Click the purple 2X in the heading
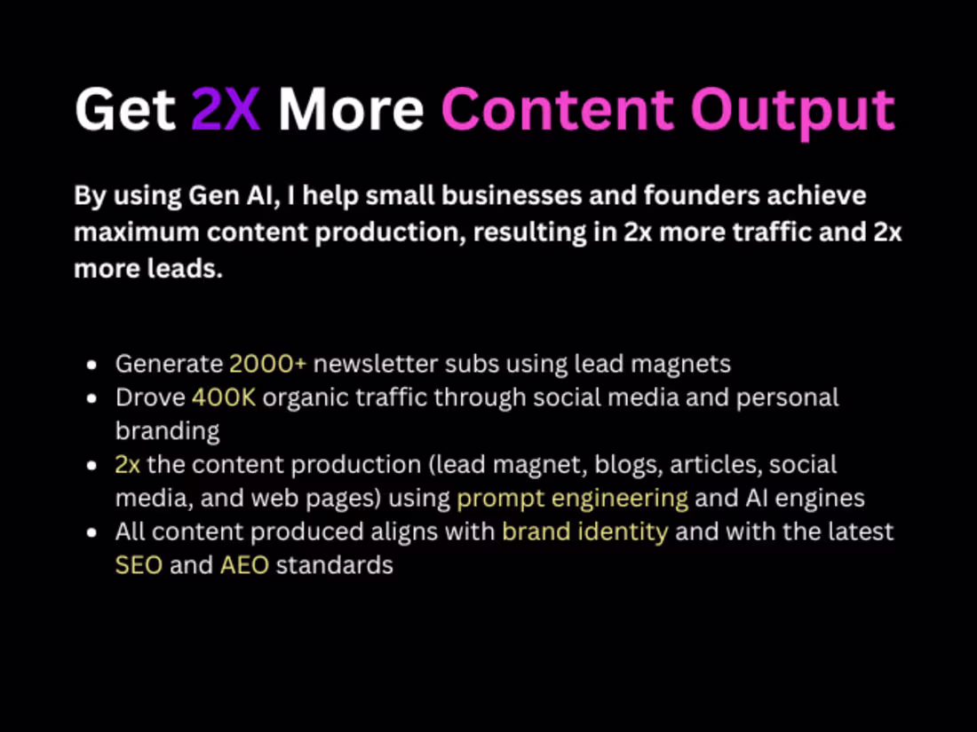point(226,109)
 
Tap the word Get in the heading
point(124,109)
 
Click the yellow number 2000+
point(267,364)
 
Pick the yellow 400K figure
point(223,397)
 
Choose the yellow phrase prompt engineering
point(572,499)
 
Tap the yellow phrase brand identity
point(584,532)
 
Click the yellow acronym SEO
point(139,565)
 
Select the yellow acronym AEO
point(244,565)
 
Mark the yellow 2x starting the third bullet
point(128,465)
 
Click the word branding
point(167,431)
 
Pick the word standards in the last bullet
point(334,565)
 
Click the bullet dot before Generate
point(92,365)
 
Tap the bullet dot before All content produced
point(92,533)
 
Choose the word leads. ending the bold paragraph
point(185,268)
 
